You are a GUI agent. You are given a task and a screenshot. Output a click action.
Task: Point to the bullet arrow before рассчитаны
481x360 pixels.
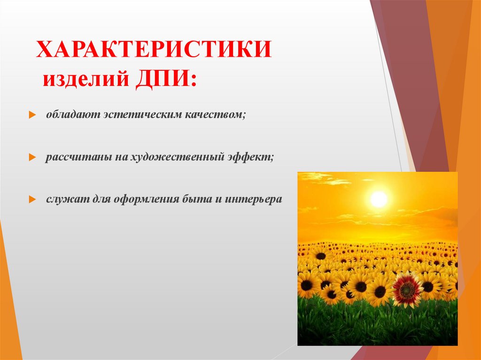tap(31, 158)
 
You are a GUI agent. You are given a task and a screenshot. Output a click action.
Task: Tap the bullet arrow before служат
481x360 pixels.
tap(31, 199)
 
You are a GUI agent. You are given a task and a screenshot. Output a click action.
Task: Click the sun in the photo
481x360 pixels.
tap(378, 199)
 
